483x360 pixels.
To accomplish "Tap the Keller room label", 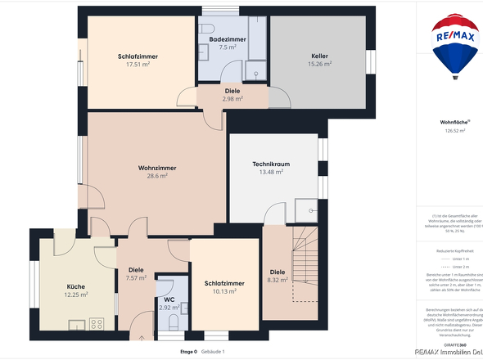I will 319,55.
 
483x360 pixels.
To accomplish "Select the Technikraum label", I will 270,164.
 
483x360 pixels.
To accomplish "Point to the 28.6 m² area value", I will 157,176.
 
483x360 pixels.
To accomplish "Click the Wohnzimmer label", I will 157,167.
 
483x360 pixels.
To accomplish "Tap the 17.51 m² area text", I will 138,65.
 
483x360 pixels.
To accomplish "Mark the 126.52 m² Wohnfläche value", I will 455,130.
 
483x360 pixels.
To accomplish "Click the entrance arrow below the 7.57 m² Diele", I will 142,336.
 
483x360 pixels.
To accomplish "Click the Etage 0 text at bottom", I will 188,351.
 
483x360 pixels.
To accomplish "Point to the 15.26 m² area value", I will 319,64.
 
